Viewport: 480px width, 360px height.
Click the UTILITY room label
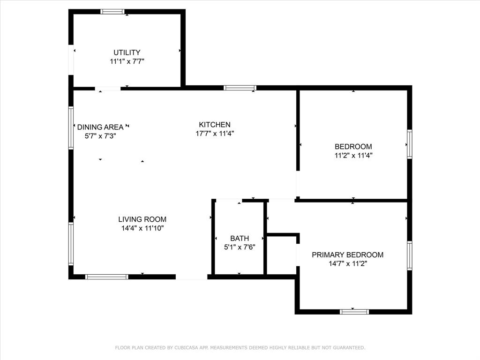pyautogui.click(x=127, y=52)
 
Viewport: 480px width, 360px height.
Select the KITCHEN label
pyautogui.click(x=215, y=125)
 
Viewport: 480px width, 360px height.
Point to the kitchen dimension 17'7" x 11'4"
pyautogui.click(x=215, y=133)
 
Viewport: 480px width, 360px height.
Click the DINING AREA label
pyautogui.click(x=100, y=127)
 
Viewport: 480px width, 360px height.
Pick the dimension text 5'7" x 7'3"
pyautogui.click(x=100, y=136)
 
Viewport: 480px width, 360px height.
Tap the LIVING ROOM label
pyautogui.click(x=142, y=219)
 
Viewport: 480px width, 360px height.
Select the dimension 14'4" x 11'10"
pyautogui.click(x=142, y=228)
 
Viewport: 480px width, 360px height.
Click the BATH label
pyautogui.click(x=240, y=239)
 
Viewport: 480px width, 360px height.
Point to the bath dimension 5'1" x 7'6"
pyautogui.click(x=239, y=247)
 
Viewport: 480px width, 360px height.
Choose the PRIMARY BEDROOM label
pyautogui.click(x=348, y=255)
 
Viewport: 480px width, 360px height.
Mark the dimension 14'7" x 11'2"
pyautogui.click(x=348, y=264)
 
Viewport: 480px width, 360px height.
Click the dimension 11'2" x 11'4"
pyautogui.click(x=353, y=155)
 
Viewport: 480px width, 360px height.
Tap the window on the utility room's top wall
pyautogui.click(x=112, y=12)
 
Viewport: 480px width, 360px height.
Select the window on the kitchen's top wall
pyautogui.click(x=240, y=88)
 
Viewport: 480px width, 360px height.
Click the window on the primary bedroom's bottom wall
pyautogui.click(x=354, y=311)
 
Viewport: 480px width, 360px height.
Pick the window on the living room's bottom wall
pyautogui.click(x=107, y=277)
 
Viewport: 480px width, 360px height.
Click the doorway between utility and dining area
pyautogui.click(x=108, y=88)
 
